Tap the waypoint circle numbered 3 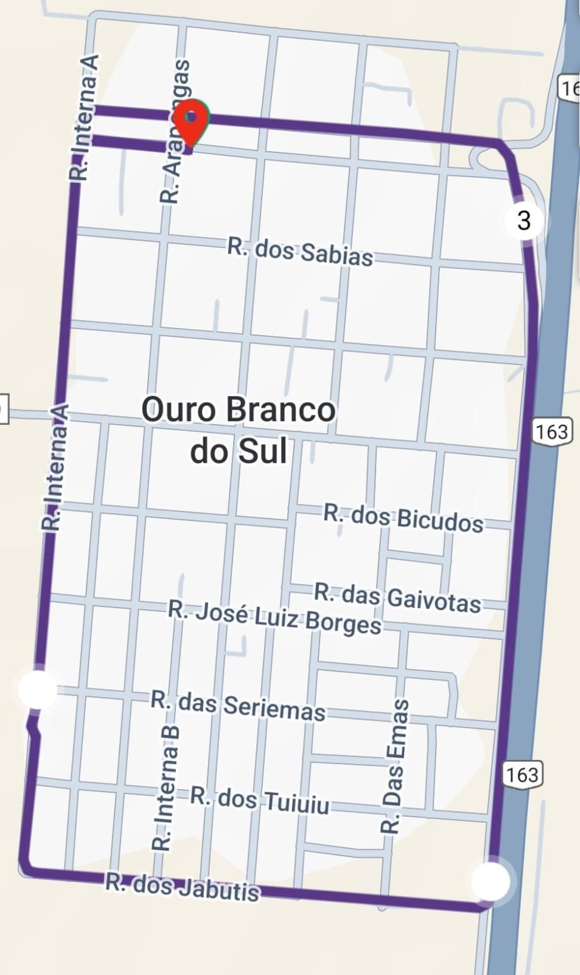click(524, 219)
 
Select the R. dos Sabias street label click(300, 252)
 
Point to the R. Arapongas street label click(175, 131)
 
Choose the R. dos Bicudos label click(403, 519)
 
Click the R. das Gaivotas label click(397, 598)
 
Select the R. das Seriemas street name click(238, 706)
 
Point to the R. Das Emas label click(394, 766)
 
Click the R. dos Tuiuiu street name click(260, 800)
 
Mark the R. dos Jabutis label click(183, 887)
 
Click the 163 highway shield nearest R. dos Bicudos click(551, 431)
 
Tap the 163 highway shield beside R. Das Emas click(522, 774)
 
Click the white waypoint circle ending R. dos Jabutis click(491, 881)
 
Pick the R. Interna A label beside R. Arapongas click(84, 117)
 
